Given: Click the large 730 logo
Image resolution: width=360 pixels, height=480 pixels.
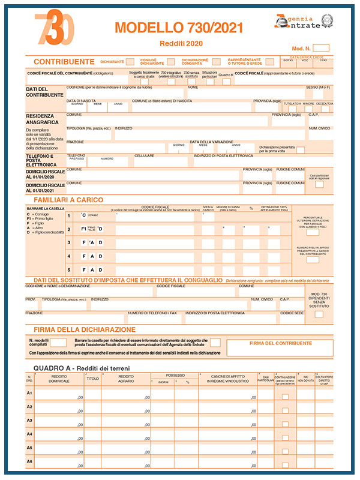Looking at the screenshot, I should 58,29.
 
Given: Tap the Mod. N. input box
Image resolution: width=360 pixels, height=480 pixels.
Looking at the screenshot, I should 321,47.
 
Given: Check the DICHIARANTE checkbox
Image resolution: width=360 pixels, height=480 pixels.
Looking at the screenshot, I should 131,61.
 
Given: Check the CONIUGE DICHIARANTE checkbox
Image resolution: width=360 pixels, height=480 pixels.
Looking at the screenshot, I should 171,61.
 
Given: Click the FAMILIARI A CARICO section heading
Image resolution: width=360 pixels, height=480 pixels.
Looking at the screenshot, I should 68,200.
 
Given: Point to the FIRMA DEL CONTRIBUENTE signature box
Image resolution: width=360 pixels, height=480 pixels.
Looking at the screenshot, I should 280,347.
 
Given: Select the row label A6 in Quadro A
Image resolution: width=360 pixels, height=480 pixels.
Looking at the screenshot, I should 29,461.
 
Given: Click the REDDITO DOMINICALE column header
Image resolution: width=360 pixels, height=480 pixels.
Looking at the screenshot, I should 59,379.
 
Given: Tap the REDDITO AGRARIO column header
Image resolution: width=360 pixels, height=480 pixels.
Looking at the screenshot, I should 125,379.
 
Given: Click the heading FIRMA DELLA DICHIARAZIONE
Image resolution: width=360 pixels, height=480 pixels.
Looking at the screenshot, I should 85,329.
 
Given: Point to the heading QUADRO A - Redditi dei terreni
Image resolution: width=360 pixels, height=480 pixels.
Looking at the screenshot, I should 82,368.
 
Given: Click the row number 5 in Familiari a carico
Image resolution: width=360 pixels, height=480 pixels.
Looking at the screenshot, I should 68,269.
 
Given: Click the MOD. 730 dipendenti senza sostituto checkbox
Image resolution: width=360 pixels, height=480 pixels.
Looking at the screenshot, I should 319,313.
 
